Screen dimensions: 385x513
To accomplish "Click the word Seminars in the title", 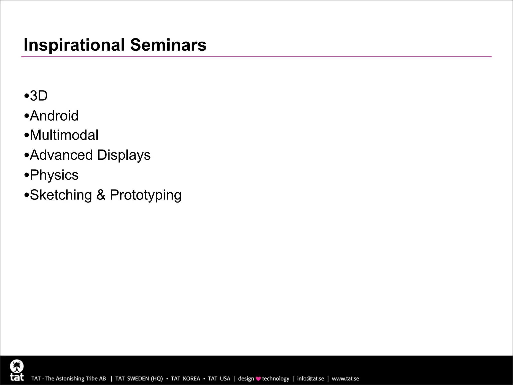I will pos(168,45).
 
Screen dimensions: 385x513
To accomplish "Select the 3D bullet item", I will pos(39,96).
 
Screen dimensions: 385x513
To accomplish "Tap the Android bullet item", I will pos(54,116).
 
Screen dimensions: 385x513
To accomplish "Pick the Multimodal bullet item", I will pos(64,135).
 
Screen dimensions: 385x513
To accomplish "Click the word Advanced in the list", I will pos(61,155).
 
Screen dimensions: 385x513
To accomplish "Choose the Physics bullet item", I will pos(54,175).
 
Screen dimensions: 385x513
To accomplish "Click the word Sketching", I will pos(61,195).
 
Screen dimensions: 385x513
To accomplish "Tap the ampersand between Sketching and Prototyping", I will pos(101,195).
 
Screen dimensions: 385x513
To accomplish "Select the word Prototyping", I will pos(146,195).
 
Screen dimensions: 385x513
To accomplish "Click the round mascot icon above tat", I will pos(17,366).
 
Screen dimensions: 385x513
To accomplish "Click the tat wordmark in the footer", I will pos(17,377).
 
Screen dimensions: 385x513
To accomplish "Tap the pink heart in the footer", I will pos(258,379).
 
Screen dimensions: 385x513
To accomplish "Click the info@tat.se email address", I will pos(310,378).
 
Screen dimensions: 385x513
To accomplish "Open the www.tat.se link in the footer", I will pos(345,378).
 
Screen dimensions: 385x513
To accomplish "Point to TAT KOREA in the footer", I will pos(185,378).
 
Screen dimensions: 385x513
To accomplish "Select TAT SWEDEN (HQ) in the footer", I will pos(139,378).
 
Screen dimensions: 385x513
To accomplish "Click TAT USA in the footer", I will pos(219,378).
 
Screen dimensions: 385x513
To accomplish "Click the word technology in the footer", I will pos(275,378).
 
